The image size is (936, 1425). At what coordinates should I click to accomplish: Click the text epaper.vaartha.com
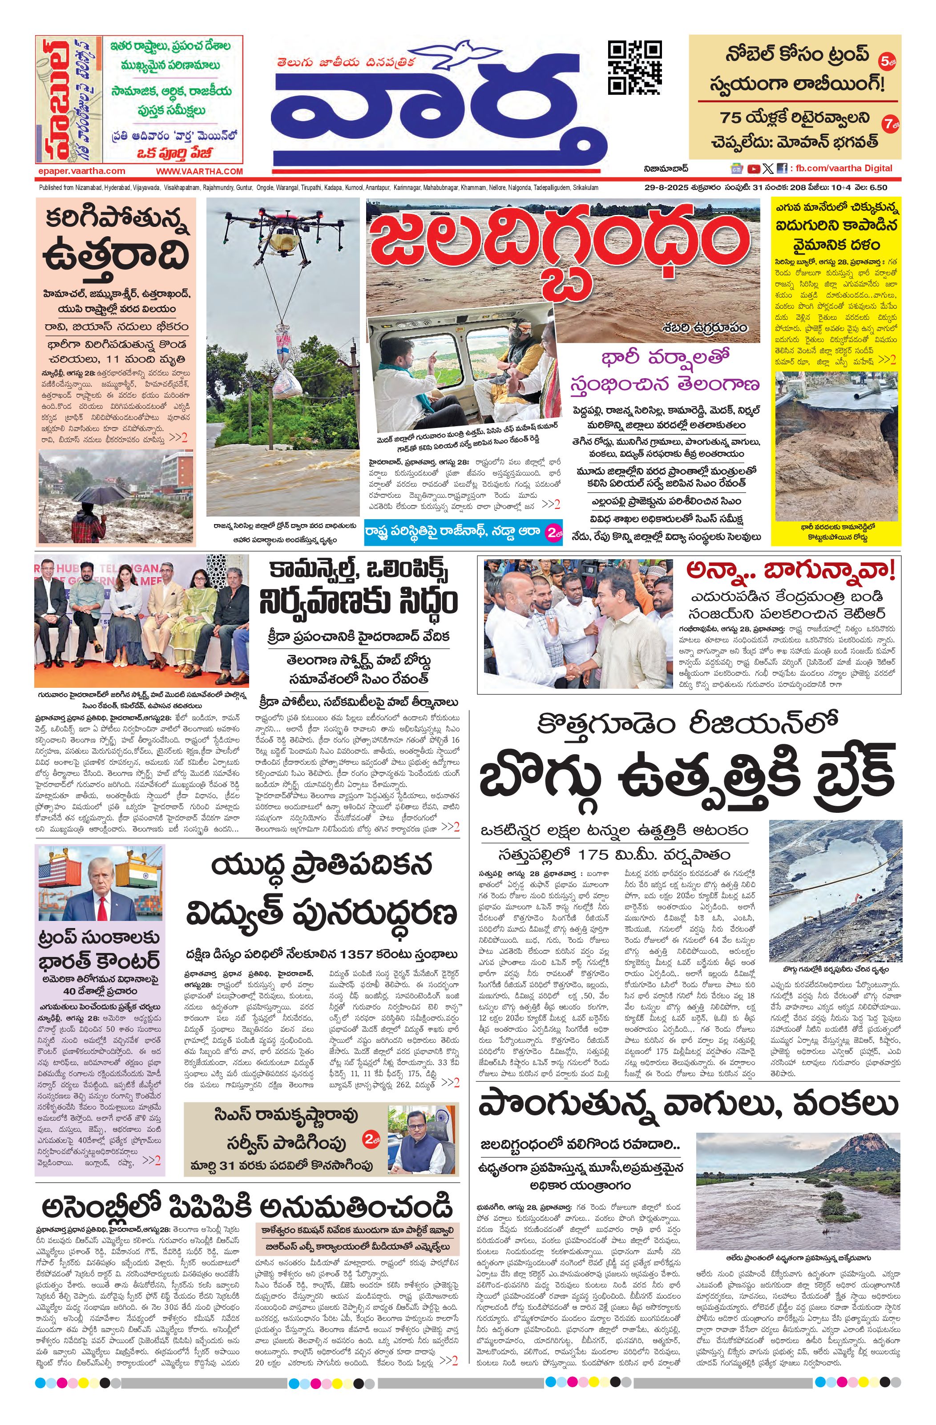pos(80,171)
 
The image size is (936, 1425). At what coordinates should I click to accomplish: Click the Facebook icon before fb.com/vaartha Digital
pos(782,169)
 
